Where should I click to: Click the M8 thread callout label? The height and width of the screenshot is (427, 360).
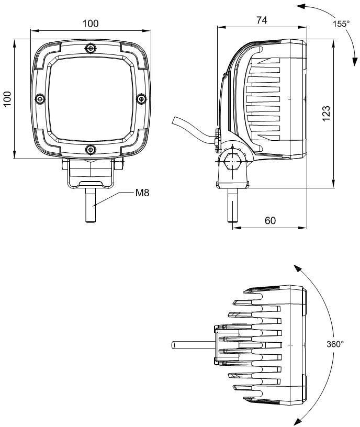coord(142,193)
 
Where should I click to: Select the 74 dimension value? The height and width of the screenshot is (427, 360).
coord(262,20)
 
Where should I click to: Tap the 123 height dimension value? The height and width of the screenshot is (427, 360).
coord(326,113)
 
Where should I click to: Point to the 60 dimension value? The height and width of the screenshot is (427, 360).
coord(270,220)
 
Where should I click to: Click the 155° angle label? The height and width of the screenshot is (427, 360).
coord(341,24)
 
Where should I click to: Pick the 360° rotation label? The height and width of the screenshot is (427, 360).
coord(335,344)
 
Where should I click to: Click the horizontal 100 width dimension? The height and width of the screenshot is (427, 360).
coord(91,24)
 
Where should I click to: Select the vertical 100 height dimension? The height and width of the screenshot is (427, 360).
coord(7,99)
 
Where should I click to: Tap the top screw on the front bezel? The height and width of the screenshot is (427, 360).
coord(91,49)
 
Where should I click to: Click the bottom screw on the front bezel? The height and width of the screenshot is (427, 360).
coord(91,149)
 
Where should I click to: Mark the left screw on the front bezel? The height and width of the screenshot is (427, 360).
coord(40,98)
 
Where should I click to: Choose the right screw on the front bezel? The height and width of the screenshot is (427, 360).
coord(141,98)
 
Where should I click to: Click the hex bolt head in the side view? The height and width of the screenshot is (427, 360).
coord(233,162)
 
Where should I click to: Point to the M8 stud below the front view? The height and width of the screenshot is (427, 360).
coord(91,205)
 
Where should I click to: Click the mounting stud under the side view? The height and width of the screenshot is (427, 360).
coord(232,205)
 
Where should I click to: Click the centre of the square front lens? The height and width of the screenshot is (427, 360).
coord(91,99)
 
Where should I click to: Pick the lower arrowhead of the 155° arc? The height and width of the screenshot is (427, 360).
coord(354,62)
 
